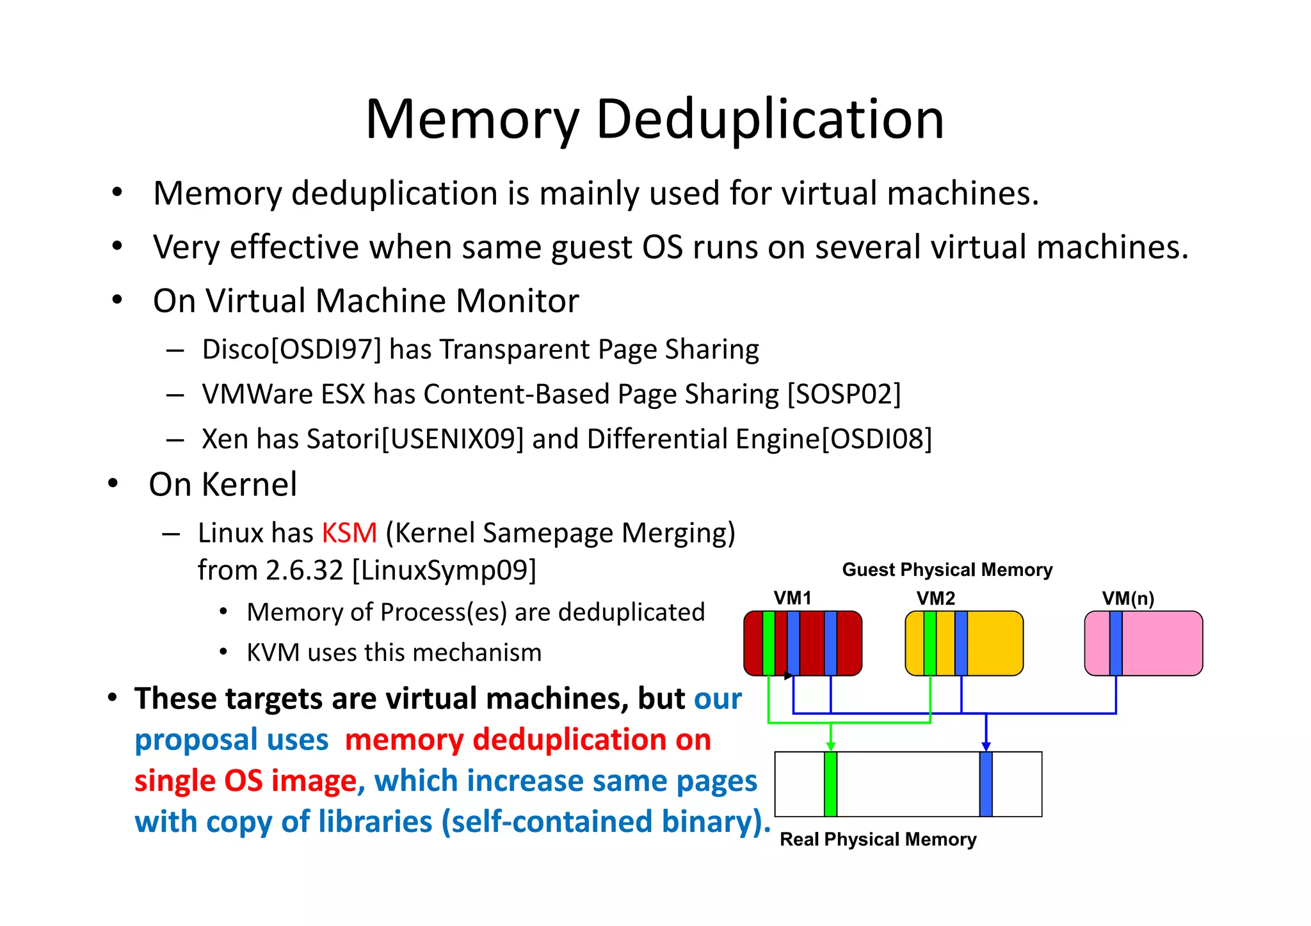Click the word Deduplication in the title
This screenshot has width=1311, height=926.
tap(769, 120)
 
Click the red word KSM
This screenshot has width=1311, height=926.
tap(350, 533)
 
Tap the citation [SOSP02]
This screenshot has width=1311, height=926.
tap(844, 394)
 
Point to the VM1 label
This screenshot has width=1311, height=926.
tap(792, 598)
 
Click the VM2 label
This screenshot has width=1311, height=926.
tap(936, 598)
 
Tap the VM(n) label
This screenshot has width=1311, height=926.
tap(1128, 598)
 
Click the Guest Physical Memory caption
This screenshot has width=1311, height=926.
tap(947, 570)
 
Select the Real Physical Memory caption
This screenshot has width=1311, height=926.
tap(878, 840)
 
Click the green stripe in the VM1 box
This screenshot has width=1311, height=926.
tap(768, 643)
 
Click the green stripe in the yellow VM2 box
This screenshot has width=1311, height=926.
tap(929, 643)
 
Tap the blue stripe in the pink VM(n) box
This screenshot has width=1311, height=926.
tap(1116, 643)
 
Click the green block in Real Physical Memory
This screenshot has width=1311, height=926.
tap(830, 785)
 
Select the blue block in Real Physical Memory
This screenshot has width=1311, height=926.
tap(986, 785)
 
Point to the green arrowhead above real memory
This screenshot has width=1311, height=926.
tap(830, 746)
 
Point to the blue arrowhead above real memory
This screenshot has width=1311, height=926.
tap(986, 746)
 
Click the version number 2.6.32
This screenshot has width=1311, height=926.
tap(305, 570)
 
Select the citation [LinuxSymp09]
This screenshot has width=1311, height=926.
tap(444, 570)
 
